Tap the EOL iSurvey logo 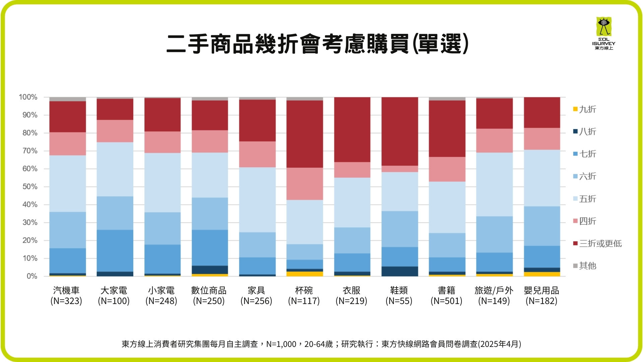tap(603, 33)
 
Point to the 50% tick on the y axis tap(30, 187)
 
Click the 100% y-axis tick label tap(28, 97)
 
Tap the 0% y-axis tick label tap(32, 276)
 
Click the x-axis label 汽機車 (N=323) tap(66, 296)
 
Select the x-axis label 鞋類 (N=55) tap(399, 296)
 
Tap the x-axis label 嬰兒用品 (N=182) tap(542, 296)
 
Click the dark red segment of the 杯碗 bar tap(305, 134)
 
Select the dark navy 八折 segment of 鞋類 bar tap(400, 271)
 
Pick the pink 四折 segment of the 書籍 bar tap(447, 169)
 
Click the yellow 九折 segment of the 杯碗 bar tap(305, 274)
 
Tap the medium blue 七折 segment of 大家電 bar tap(115, 250)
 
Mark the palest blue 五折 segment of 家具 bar tap(257, 199)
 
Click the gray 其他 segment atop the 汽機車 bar tap(68, 99)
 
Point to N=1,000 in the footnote tap(281, 344)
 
